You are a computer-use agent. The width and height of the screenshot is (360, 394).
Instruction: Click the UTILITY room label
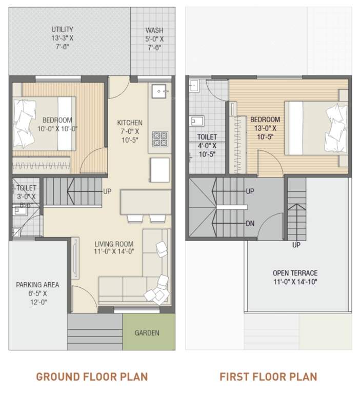click(62, 29)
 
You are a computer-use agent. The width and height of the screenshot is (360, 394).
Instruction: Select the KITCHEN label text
click(130, 123)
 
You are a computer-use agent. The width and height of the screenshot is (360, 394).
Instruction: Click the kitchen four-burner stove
click(159, 139)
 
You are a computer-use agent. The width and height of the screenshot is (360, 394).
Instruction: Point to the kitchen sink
click(160, 92)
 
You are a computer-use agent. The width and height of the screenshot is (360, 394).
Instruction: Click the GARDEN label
click(147, 332)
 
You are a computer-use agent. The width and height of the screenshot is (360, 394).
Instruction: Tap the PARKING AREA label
click(37, 285)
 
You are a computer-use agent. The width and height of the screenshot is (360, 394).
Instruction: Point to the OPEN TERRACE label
click(295, 273)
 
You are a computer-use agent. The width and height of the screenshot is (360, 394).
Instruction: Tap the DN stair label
click(250, 223)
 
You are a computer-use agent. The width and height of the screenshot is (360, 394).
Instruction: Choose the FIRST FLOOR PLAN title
click(268, 377)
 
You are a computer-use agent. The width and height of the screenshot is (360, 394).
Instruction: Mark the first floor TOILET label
click(207, 137)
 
